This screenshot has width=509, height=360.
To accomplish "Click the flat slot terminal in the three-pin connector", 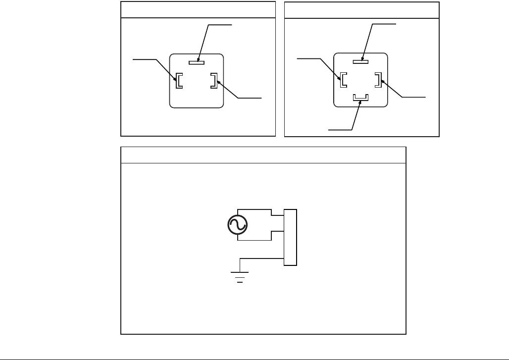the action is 197,62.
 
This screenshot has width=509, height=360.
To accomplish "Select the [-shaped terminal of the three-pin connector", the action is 179,81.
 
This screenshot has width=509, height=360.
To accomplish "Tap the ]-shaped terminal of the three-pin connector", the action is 213,81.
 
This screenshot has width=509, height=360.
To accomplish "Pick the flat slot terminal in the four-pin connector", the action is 361,62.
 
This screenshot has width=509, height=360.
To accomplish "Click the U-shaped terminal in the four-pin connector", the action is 360,98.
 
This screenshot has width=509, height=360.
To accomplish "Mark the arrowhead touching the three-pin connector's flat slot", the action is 198,59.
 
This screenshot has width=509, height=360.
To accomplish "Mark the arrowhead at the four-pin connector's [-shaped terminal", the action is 340,78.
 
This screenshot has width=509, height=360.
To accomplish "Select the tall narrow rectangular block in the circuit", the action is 290,238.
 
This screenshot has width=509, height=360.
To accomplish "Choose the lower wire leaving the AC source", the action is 254,241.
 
